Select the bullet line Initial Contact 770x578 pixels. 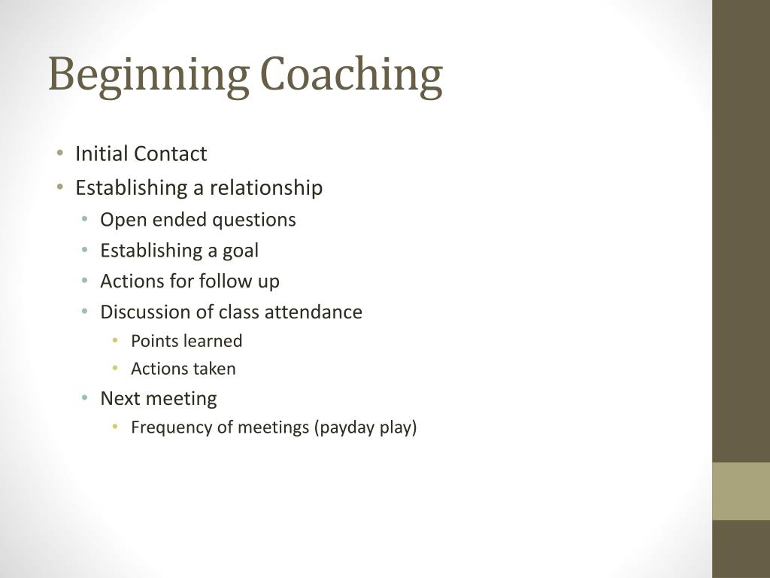(x=141, y=154)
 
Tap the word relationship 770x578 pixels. (x=265, y=187)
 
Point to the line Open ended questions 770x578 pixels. (x=198, y=220)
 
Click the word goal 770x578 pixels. (x=241, y=251)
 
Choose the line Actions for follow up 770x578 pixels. (x=189, y=281)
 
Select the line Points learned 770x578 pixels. (x=186, y=341)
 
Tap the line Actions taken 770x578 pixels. (x=183, y=369)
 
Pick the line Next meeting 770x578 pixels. (x=158, y=398)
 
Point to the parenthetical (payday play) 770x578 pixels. (x=365, y=427)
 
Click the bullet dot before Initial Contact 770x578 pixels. (x=60, y=154)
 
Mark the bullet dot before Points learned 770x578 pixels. (x=115, y=341)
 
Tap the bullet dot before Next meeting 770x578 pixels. (x=86, y=398)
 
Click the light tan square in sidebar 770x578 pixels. (x=741, y=491)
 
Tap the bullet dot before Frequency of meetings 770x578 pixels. (x=115, y=427)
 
